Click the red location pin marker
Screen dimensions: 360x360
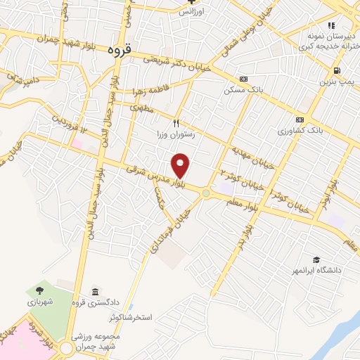181,166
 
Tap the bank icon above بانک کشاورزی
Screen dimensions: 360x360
300,120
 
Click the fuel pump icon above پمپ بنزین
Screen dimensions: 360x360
339,70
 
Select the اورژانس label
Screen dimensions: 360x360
189,12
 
